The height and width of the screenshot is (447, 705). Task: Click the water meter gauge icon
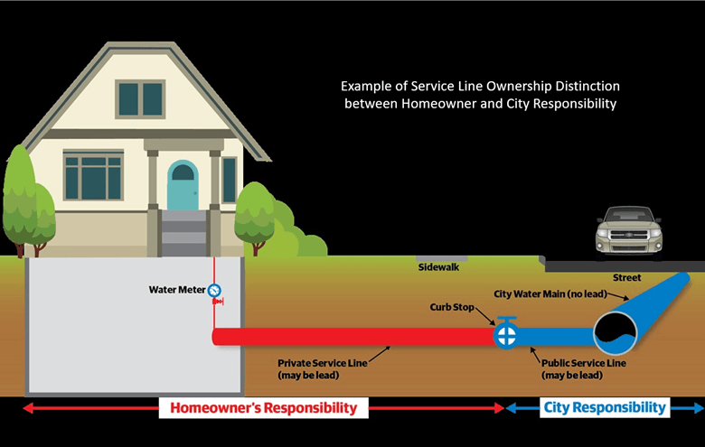(214, 291)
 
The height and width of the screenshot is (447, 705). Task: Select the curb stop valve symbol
(504, 335)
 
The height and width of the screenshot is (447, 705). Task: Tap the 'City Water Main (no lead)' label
(553, 294)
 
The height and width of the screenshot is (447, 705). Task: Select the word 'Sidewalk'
(438, 268)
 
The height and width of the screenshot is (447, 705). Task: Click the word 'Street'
(626, 277)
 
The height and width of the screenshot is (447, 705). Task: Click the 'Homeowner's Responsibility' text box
(264, 408)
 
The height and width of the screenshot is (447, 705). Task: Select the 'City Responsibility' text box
(605, 408)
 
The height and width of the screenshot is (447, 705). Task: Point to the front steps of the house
(183, 232)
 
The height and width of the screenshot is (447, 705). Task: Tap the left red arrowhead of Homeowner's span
(25, 408)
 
